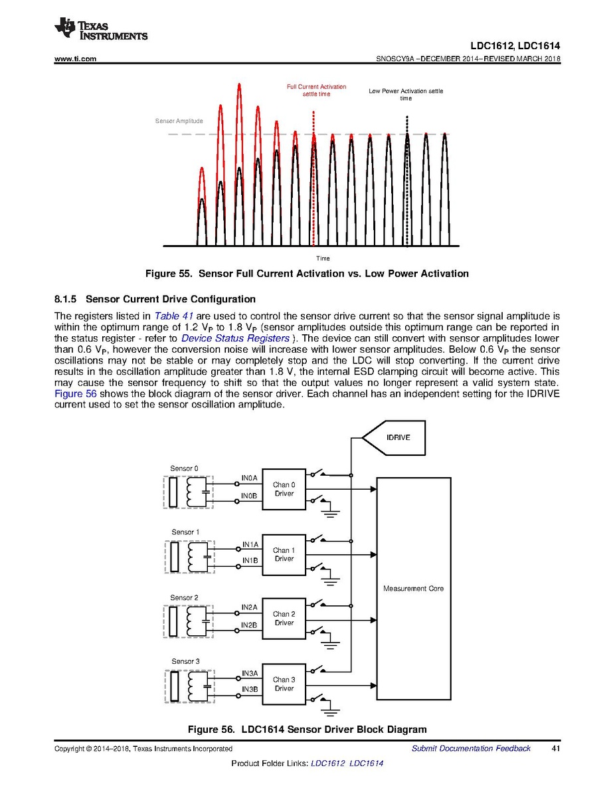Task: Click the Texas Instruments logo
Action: coord(101,29)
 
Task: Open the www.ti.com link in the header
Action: coord(75,59)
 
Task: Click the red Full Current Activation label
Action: coord(316,90)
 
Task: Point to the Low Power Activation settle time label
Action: coord(405,94)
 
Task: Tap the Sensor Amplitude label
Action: coord(179,121)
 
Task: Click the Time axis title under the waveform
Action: coord(323,258)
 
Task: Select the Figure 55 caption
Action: coord(307,274)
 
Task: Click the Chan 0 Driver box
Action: coord(284,489)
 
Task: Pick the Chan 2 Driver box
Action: coord(284,619)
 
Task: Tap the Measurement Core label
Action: coord(413,589)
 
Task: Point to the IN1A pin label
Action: coord(250,545)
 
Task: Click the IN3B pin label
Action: coord(250,689)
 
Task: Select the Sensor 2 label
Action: coord(184,597)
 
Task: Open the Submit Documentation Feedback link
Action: coord(471,749)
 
